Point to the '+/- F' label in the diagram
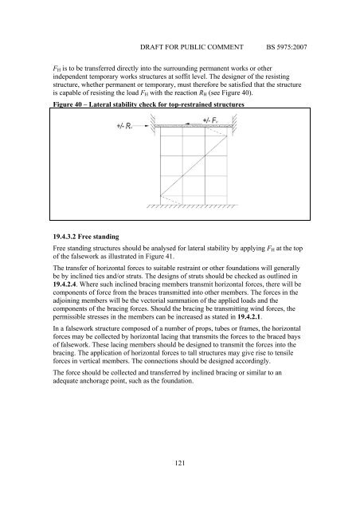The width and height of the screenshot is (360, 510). point(213,120)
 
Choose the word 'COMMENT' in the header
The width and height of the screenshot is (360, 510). point(232,37)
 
